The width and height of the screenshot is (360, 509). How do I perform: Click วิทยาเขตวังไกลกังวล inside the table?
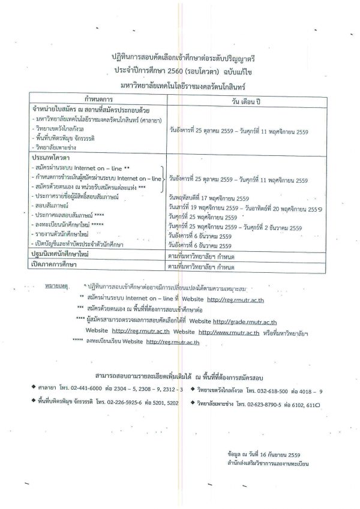pos(59,128)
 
